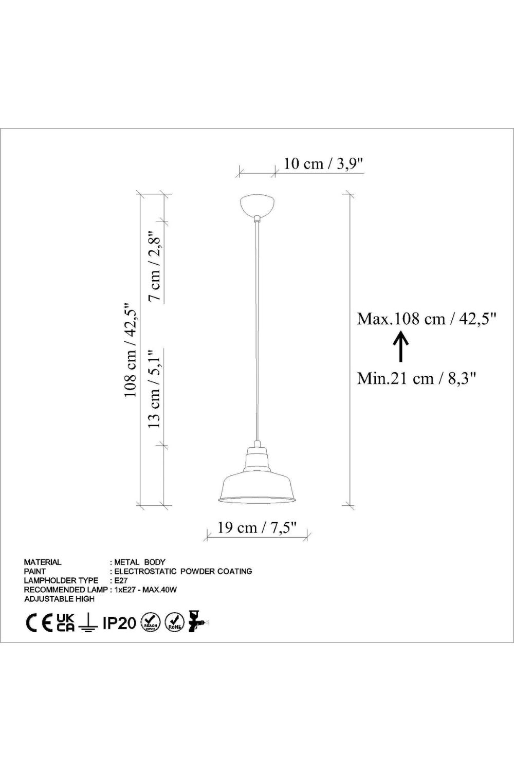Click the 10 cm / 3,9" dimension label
[324, 163]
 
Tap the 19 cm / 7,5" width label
[257, 527]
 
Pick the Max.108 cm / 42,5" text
[427, 319]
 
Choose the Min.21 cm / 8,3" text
[416, 379]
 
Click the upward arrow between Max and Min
[401, 346]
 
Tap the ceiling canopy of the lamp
[258, 205]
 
